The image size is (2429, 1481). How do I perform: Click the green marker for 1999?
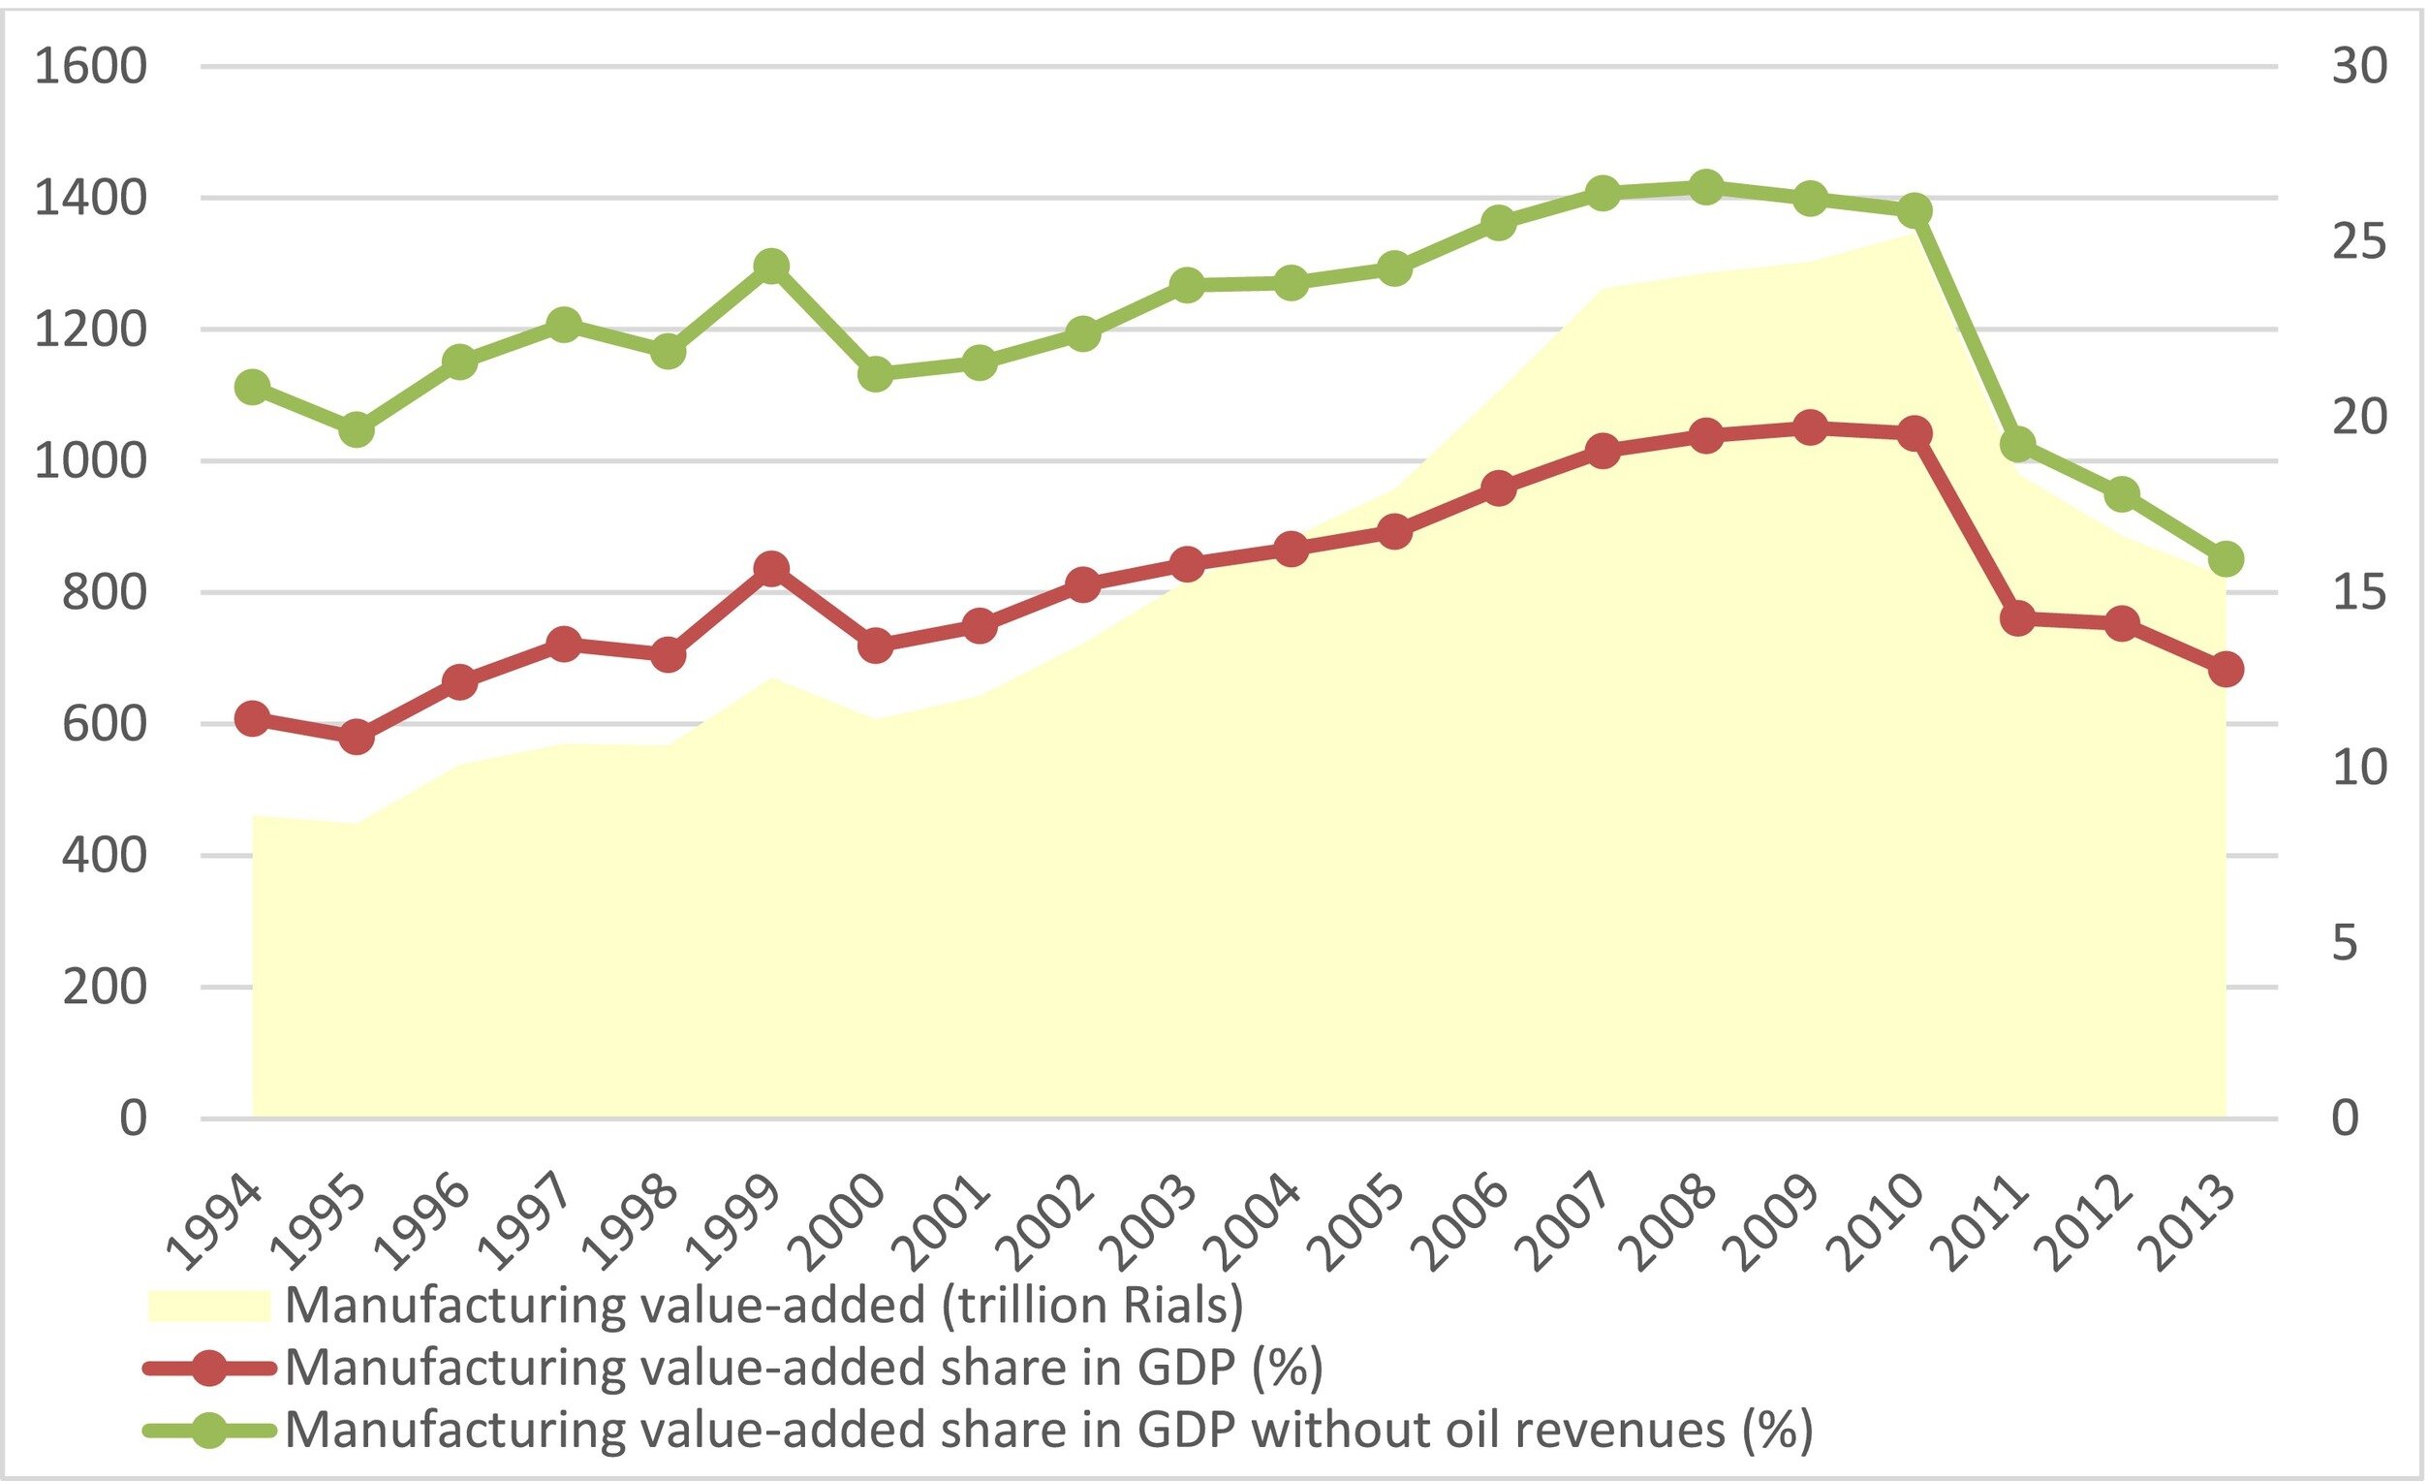pos(772,266)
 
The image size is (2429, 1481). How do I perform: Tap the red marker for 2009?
pos(1810,428)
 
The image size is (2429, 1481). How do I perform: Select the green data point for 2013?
pos(2225,559)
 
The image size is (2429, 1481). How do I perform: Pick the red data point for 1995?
pos(357,737)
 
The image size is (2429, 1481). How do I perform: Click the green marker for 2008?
pos(1706,186)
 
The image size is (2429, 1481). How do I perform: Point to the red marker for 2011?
pos(2018,618)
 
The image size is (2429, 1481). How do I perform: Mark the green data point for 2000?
pos(875,374)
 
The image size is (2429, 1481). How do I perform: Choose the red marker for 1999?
pos(772,568)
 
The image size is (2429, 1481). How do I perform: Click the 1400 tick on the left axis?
pos(91,198)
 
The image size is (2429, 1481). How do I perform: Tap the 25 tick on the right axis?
pos(2358,241)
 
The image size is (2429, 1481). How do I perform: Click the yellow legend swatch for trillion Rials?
pos(209,1306)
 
